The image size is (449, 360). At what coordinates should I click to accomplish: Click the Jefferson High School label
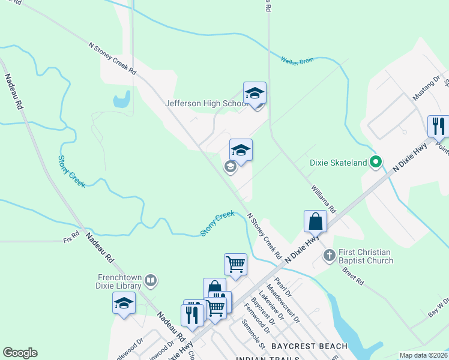coord(206,103)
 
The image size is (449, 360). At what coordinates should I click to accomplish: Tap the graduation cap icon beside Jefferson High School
coord(255,93)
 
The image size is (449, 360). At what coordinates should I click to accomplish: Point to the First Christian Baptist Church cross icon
coord(329,256)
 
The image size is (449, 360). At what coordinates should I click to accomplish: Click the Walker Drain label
coord(298,59)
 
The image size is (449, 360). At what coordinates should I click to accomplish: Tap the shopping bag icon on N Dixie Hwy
coord(315,221)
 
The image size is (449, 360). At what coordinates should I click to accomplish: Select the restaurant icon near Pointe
coord(438,127)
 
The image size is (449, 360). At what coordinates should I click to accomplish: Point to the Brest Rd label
coord(353,276)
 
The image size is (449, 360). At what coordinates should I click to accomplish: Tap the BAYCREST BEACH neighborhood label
coord(309,346)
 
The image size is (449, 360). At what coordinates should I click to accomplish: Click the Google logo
coord(20,353)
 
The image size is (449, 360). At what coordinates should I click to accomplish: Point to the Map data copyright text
coord(424,355)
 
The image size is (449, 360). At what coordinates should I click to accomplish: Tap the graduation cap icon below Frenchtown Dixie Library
coord(124,303)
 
